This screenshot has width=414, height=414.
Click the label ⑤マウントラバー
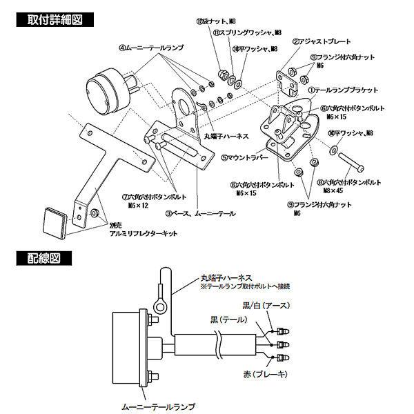[238, 157]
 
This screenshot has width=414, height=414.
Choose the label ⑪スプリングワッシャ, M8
[245, 32]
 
